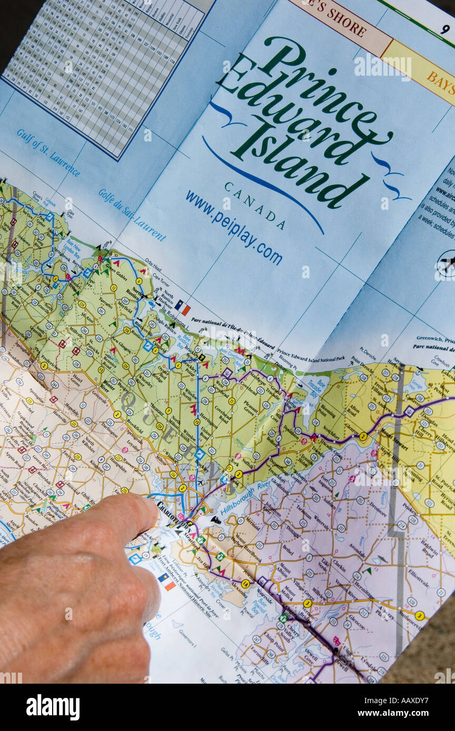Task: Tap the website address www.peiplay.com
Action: tap(233, 227)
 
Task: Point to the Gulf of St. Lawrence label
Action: tap(48, 152)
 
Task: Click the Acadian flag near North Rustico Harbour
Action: tap(182, 307)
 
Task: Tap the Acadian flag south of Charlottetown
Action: tap(167, 581)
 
